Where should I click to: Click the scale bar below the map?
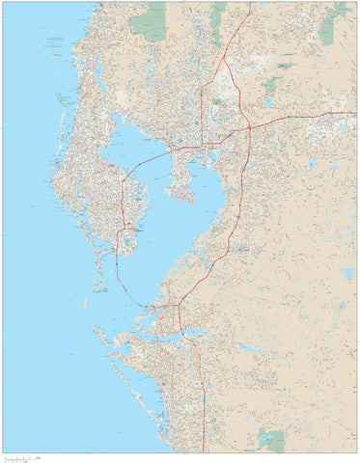24,457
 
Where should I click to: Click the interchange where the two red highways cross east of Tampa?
247,126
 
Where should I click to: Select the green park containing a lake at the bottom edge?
272,441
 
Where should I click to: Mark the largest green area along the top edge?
149,21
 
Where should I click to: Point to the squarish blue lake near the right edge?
346,273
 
